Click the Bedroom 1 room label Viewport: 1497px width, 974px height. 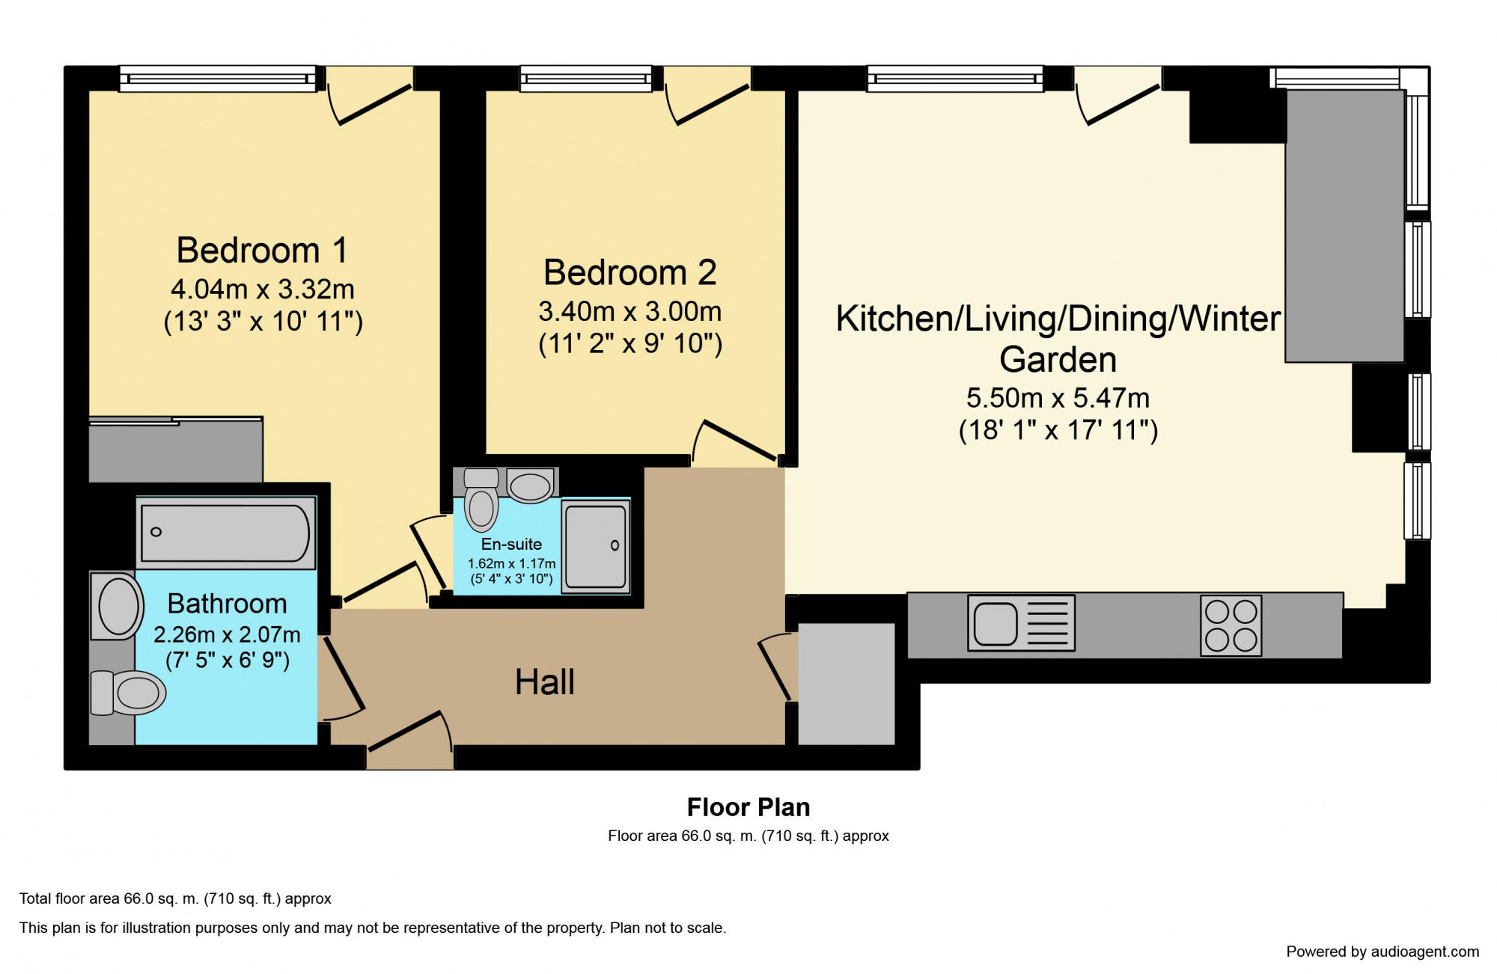263,250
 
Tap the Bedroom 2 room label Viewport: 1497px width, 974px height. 630,272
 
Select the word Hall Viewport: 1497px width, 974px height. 545,682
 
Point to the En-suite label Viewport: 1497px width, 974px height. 511,544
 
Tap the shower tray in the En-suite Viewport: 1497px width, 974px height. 596,546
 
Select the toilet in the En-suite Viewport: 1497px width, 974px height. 481,499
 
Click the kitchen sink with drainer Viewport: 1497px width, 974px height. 1021,622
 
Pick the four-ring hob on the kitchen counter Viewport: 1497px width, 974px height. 1231,625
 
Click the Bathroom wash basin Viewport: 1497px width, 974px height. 117,606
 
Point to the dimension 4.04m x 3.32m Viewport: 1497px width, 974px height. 263,289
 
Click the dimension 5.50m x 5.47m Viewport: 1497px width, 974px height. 1058,398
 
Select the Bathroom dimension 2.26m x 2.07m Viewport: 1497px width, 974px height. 227,634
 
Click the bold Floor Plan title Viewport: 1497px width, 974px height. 748,807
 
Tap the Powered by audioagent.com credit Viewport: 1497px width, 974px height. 1382,952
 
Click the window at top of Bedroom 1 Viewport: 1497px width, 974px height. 218,79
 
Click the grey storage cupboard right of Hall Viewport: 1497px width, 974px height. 847,684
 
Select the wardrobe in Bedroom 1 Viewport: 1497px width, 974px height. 176,450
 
